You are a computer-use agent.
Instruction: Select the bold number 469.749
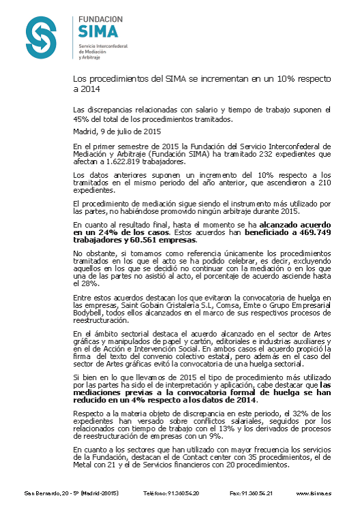(x=313, y=232)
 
